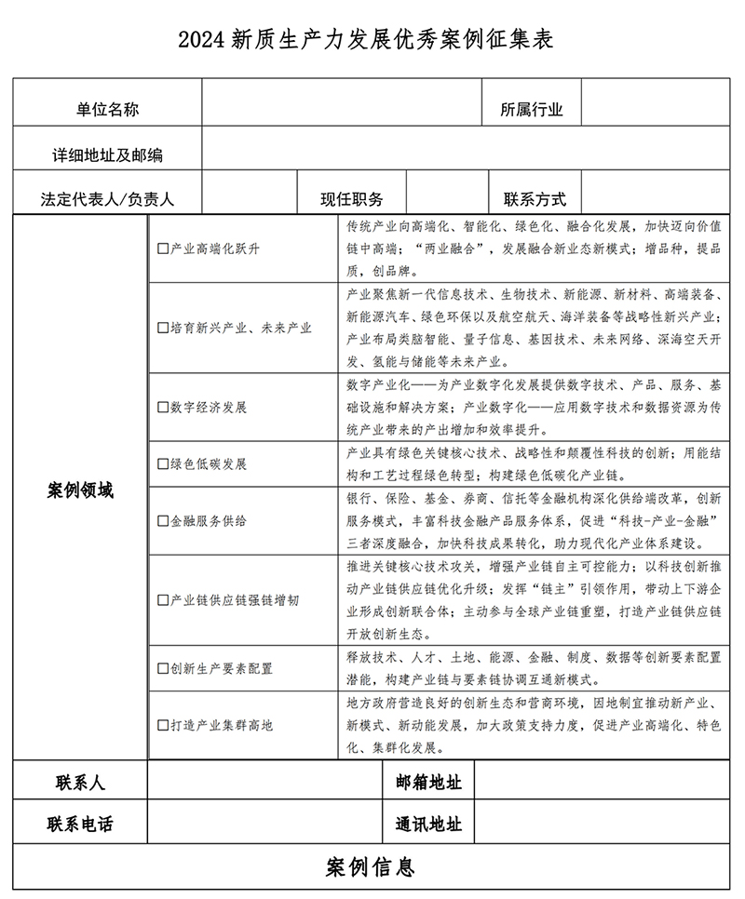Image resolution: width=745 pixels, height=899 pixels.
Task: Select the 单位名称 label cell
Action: tap(108, 110)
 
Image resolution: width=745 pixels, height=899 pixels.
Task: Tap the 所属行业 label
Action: tap(532, 110)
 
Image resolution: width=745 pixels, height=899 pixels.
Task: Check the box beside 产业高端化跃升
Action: tap(163, 249)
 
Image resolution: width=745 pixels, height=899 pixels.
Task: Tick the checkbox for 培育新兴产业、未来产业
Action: tap(163, 329)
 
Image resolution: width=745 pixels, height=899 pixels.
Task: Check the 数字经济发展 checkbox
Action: tap(163, 408)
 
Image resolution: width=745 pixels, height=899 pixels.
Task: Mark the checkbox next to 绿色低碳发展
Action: tap(163, 463)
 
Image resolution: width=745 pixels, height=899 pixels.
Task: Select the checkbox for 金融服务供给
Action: tap(163, 520)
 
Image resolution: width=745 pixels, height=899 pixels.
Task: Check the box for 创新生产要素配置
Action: tap(163, 668)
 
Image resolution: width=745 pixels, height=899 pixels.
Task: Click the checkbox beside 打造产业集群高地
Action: tap(163, 723)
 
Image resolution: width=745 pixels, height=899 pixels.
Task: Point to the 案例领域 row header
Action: tap(80, 490)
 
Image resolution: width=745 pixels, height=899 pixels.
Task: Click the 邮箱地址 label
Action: tap(427, 782)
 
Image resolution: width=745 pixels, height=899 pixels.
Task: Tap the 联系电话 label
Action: tap(80, 824)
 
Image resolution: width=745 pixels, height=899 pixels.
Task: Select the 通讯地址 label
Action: tap(427, 824)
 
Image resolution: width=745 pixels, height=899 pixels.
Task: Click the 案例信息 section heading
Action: tap(371, 867)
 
